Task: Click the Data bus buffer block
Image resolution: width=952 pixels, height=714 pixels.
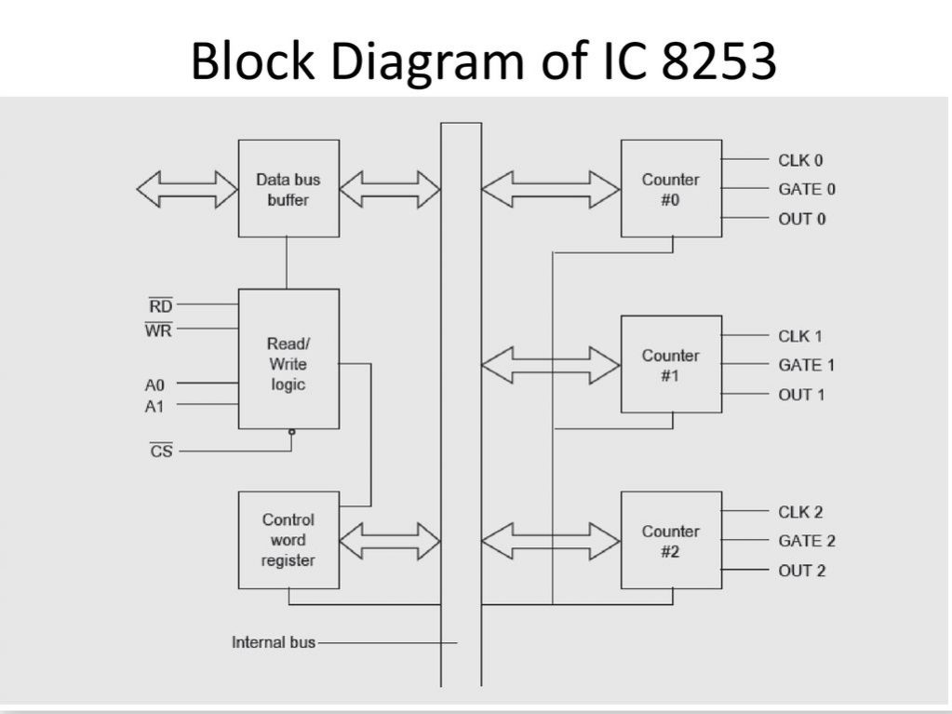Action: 288,189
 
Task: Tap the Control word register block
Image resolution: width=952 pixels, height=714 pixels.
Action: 288,540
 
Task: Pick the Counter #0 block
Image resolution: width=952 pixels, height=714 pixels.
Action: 670,189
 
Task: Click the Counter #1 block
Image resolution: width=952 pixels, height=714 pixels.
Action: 670,364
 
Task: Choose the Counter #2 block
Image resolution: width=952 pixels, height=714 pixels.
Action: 670,541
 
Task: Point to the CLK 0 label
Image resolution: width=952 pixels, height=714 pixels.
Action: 800,160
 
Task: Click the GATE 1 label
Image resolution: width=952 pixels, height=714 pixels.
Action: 806,365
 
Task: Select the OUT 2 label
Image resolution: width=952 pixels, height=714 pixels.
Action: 801,571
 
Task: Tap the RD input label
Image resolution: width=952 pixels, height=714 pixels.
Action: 160,305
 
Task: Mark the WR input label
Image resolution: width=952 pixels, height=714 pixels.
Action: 158,330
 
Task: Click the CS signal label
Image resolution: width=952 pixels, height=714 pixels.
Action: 161,452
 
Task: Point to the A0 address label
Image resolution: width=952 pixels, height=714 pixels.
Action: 154,383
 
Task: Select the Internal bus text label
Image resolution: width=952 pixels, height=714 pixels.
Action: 273,642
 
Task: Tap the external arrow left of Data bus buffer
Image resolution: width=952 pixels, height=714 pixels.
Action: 187,189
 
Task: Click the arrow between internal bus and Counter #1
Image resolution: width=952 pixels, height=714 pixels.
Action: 551,364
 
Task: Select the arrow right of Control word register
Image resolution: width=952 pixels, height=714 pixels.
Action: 389,541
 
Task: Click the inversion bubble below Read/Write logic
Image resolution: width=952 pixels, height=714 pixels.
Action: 291,432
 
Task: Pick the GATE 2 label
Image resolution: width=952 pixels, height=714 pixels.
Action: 806,541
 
